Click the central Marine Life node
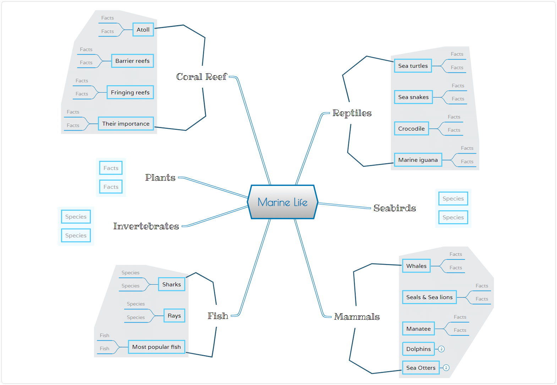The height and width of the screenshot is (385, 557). point(283,202)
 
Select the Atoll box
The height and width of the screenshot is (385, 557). point(143,29)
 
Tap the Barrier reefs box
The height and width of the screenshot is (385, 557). point(132,61)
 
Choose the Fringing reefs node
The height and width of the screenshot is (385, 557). point(130,93)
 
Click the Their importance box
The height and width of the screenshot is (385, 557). point(126,123)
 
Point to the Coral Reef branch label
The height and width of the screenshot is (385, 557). point(201,77)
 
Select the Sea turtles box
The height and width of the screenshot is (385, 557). point(413,66)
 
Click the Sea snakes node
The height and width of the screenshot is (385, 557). point(413,97)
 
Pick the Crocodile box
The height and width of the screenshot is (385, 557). point(411,128)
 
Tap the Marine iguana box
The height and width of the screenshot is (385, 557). point(418,160)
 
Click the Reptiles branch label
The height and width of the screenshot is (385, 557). point(352,113)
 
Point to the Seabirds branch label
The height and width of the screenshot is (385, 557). point(395,208)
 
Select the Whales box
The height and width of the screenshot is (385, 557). point(416,266)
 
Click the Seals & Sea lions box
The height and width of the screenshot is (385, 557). point(430,297)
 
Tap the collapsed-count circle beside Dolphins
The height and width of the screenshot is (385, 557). point(441,349)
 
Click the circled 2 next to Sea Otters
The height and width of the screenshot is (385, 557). point(446,368)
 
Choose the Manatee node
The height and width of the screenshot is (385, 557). point(419,329)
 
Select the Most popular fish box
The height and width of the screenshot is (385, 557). point(157,347)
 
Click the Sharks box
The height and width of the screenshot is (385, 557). point(171,284)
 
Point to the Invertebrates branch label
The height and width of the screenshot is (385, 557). point(146,226)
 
